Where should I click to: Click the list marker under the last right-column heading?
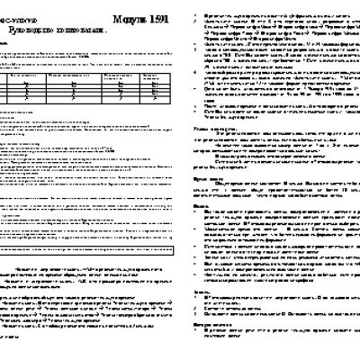199,353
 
